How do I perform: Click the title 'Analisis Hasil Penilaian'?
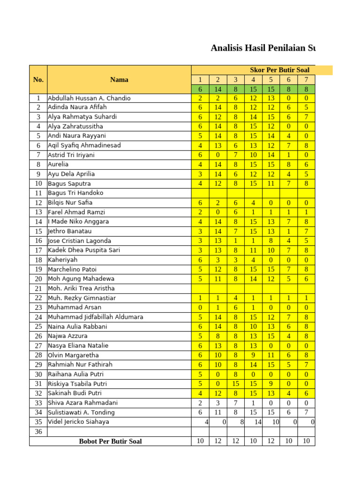click(262, 48)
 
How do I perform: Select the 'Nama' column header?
click(119, 80)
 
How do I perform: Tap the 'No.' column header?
click(38, 80)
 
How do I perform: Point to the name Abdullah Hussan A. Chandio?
click(89, 98)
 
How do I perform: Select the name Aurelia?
click(58, 165)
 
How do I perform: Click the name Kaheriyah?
click(63, 260)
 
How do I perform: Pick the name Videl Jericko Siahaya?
click(78, 421)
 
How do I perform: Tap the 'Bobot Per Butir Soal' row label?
click(110, 441)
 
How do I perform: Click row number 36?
click(38, 431)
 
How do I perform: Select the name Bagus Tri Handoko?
click(75, 193)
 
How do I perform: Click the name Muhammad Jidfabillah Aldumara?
click(96, 317)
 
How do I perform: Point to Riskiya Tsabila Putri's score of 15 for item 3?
click(236, 383)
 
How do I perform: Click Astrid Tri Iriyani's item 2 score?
click(218, 155)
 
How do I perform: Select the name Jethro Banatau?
click(70, 231)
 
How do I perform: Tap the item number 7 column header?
click(306, 80)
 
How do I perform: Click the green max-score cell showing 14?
click(218, 89)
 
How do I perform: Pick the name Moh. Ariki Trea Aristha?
click(81, 288)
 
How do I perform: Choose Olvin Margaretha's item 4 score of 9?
click(253, 355)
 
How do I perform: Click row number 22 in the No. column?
click(38, 298)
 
